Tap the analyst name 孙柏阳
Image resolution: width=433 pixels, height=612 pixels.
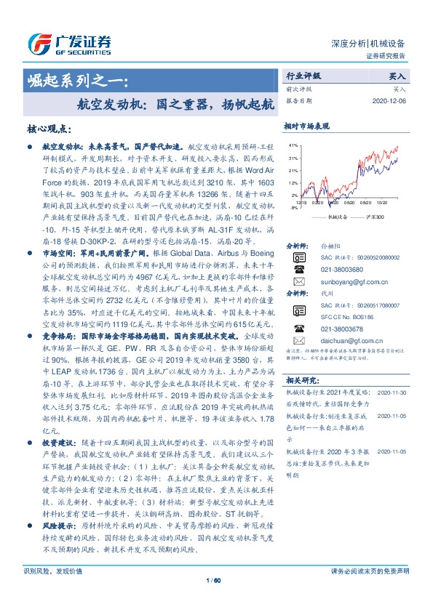point(330,246)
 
